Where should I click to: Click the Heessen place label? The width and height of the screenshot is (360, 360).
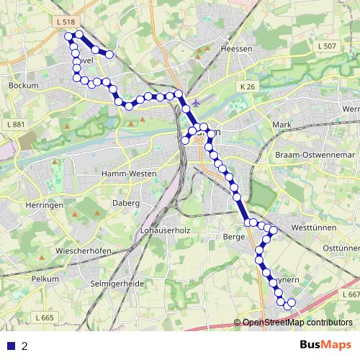coord(238,48)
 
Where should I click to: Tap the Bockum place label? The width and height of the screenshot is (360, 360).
coord(22,85)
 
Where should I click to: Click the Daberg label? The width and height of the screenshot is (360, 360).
coord(125,203)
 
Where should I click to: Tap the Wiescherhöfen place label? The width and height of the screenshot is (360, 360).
coord(81,251)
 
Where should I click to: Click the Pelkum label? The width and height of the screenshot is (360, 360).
coord(45,277)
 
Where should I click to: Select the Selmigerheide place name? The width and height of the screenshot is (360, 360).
coord(117,284)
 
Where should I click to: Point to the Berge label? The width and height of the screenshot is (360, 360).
coord(234,236)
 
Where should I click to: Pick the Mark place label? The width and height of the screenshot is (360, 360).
coord(282,125)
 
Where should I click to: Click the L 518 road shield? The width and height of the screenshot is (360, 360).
coord(66,23)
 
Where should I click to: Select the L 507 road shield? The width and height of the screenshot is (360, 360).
coord(326,46)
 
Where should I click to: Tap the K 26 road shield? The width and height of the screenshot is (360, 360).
coord(248,86)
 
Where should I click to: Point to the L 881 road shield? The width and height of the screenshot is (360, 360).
coord(14,125)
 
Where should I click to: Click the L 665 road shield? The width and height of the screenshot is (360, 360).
coord(43,318)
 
